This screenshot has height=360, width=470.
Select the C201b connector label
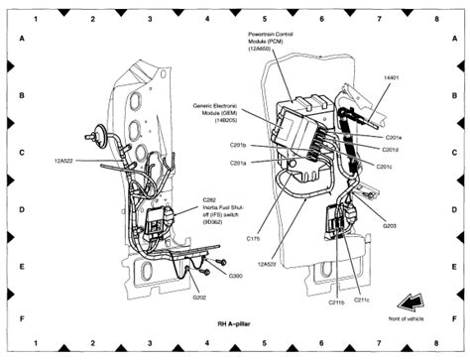(x=238, y=145)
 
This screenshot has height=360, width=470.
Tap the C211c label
(x=361, y=299)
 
